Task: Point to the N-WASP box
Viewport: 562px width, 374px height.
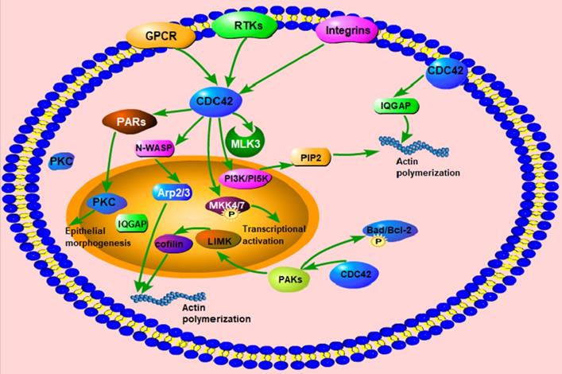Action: click(155, 148)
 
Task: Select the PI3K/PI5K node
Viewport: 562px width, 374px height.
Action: click(247, 176)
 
